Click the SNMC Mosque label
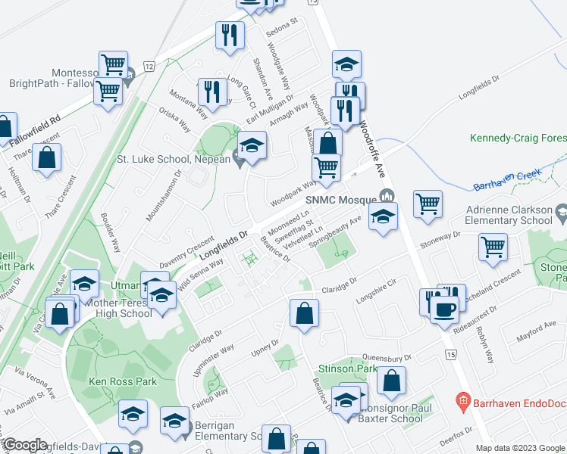tap(341, 198)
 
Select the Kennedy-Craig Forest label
tap(518, 138)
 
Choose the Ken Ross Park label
tap(123, 381)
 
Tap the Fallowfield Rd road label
tap(35, 125)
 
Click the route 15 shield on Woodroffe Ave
tap(452, 354)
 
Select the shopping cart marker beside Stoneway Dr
tap(493, 246)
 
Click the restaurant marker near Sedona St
tap(229, 34)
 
